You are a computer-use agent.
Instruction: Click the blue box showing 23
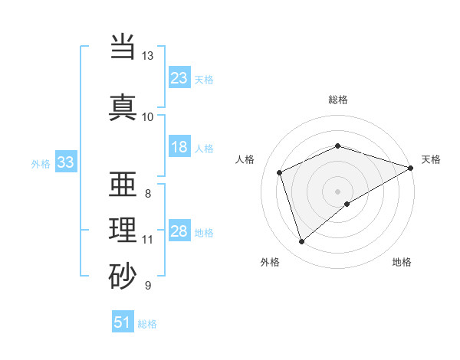pyautogui.click(x=179, y=78)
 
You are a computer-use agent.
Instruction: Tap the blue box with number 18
pyautogui.click(x=179, y=148)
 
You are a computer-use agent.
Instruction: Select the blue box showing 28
pyautogui.click(x=179, y=231)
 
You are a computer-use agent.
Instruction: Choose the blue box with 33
pyautogui.click(x=65, y=162)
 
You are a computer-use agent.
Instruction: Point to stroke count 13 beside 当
pyautogui.click(x=148, y=56)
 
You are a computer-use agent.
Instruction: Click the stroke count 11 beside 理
pyautogui.click(x=148, y=240)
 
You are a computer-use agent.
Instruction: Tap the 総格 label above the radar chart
pyautogui.click(x=338, y=100)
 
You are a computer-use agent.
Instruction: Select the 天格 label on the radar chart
pyautogui.click(x=431, y=159)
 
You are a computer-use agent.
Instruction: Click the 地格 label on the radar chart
pyautogui.click(x=402, y=262)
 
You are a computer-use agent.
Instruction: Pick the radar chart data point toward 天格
pyautogui.click(x=412, y=167)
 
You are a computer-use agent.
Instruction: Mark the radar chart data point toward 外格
pyautogui.click(x=301, y=242)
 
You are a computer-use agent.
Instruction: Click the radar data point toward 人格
pyautogui.click(x=280, y=172)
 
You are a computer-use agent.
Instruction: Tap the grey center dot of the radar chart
pyautogui.click(x=338, y=191)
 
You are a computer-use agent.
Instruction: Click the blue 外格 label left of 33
pyautogui.click(x=41, y=163)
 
